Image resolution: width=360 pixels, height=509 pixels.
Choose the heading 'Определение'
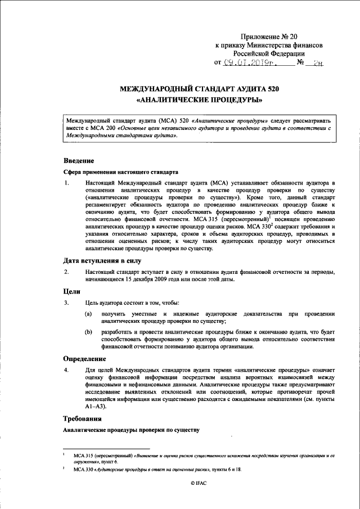pyautogui.click(x=85, y=358)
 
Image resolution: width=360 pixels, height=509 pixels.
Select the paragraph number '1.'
pyautogui.click(x=66, y=183)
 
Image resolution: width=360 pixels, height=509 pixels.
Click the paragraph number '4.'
pyautogui.click(x=66, y=370)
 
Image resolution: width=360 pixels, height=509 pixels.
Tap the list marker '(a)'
pyautogui.click(x=89, y=314)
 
